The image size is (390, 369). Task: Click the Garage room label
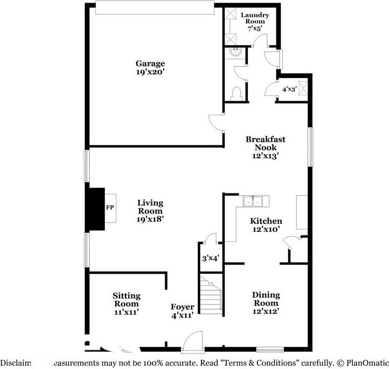click(150, 64)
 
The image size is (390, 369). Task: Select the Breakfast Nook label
click(266, 143)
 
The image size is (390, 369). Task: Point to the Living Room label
click(150, 207)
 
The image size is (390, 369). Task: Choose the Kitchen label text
click(266, 221)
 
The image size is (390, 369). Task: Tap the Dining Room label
click(266, 299)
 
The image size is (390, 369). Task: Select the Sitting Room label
click(127, 300)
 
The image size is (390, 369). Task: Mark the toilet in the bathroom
click(234, 94)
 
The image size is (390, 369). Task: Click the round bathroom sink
click(234, 53)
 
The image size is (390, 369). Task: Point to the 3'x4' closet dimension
click(210, 258)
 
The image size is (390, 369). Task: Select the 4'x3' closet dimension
click(290, 89)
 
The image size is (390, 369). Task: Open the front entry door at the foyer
click(192, 343)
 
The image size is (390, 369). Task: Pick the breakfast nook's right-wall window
click(310, 147)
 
